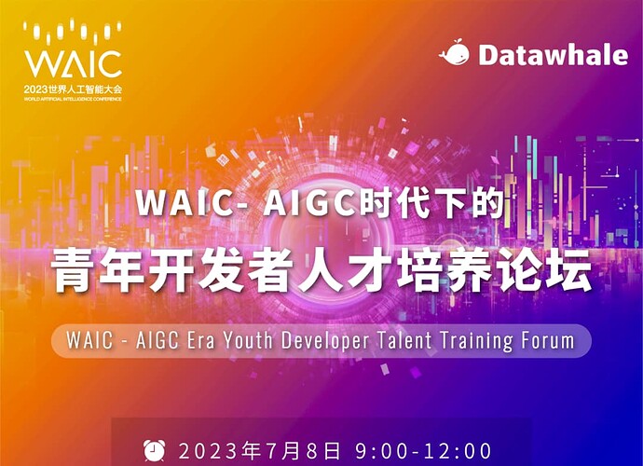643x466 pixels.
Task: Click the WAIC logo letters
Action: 73,64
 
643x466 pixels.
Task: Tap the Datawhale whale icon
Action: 455,53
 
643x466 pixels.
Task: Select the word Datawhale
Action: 553,55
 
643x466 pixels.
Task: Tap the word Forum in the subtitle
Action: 548,340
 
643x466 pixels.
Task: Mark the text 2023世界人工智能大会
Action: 73,89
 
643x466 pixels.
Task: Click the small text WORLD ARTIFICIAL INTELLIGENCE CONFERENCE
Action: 73,99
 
